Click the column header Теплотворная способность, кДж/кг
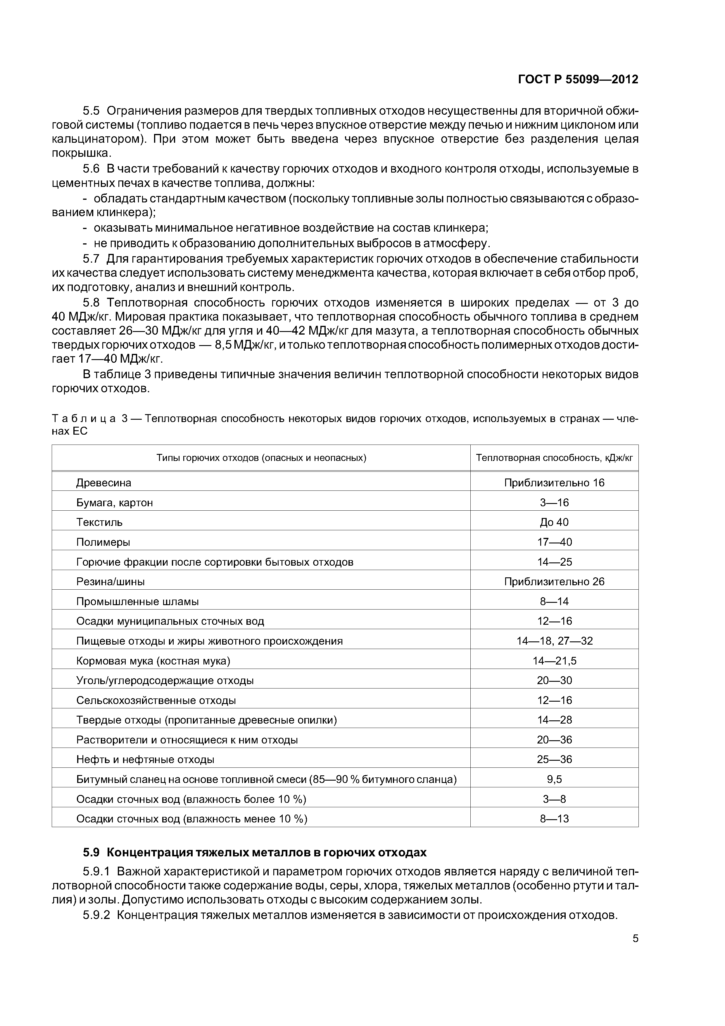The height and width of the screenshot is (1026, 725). (554, 458)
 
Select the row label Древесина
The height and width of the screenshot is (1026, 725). (104, 483)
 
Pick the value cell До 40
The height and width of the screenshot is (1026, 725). (554, 522)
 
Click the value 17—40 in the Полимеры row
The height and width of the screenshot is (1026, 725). (554, 542)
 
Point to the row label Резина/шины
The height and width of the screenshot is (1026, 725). (110, 581)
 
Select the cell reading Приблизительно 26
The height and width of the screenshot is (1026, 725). (554, 581)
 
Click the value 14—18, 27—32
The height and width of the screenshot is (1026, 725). (554, 641)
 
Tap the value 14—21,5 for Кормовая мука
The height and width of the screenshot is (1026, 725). (554, 660)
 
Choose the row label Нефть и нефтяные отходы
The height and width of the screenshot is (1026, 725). (145, 759)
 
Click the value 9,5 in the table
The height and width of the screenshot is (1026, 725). (554, 779)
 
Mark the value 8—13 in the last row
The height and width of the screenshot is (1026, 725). (554, 819)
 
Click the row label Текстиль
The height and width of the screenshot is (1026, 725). (99, 522)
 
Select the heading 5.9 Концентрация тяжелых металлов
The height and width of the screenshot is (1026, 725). (255, 853)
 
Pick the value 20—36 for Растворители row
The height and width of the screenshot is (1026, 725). (554, 740)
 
